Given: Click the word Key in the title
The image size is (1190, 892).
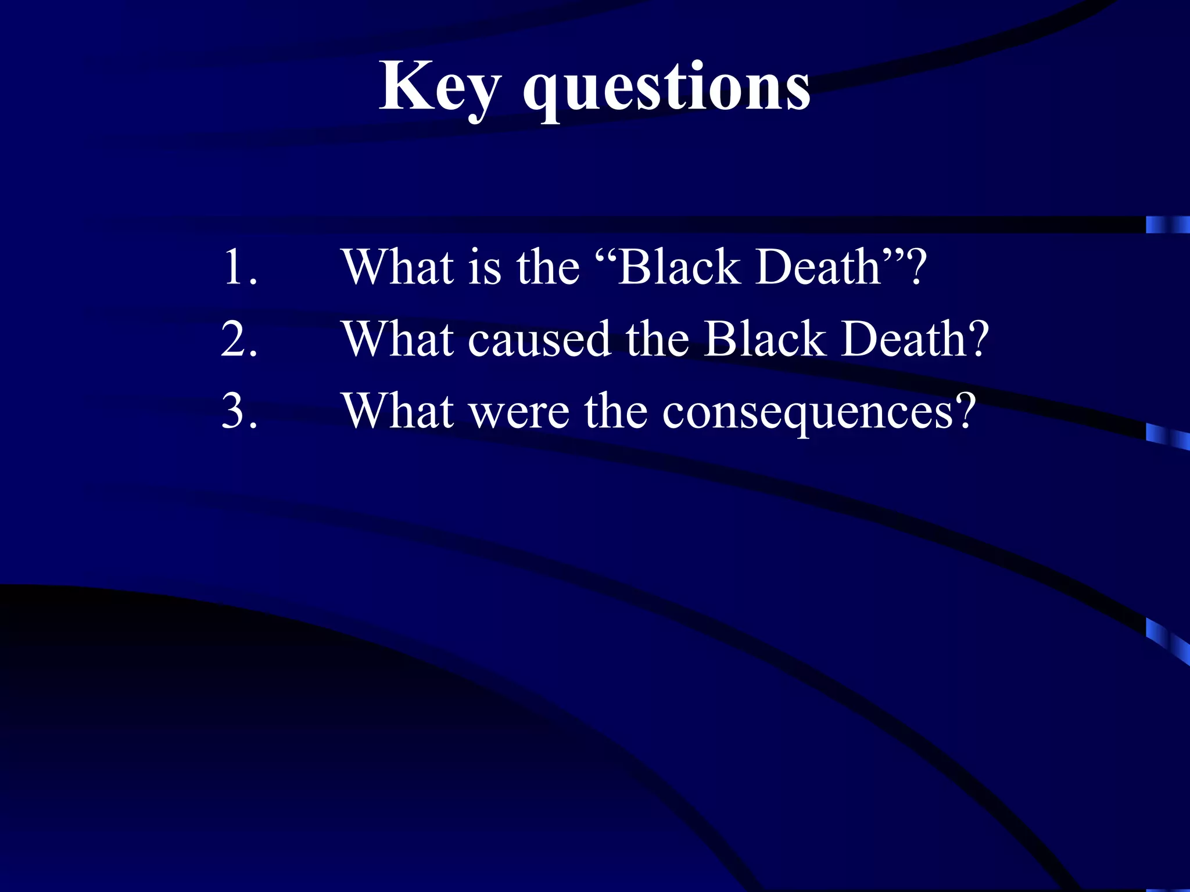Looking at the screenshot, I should click(x=439, y=87).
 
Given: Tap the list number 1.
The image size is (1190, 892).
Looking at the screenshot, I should click(x=239, y=267).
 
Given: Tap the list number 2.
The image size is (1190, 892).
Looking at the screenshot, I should click(x=239, y=339).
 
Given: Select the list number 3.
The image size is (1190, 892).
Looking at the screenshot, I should click(x=239, y=411).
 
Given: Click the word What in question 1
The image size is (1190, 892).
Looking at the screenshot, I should click(x=398, y=267).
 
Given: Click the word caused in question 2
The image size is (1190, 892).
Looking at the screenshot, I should click(x=539, y=340).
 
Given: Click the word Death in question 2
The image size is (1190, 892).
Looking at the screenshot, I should click(x=904, y=339).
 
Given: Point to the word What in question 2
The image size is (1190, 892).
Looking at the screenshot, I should click(x=398, y=339).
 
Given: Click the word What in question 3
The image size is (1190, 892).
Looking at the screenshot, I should click(x=398, y=411).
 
